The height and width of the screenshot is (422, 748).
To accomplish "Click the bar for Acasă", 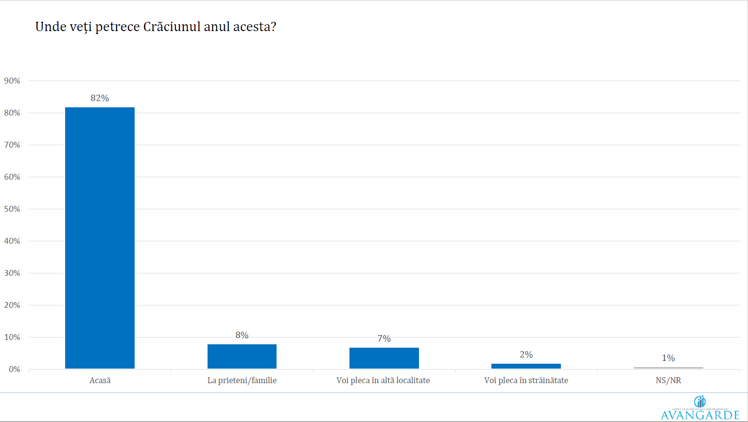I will [100, 238].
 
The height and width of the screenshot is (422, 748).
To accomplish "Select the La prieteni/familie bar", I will [242, 356].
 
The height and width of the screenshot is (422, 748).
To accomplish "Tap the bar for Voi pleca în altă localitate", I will [384, 358].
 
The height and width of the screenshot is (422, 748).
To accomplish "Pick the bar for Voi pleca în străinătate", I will [526, 366].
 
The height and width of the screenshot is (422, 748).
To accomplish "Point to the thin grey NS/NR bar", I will [668, 368].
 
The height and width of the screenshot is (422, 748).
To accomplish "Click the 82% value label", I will [100, 98].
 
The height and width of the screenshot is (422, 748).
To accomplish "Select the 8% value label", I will [242, 335].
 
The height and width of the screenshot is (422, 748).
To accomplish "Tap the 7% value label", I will [384, 338].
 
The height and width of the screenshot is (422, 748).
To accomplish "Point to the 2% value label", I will [526, 354].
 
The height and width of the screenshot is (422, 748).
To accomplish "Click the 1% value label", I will [668, 358].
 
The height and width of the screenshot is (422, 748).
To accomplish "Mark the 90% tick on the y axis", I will [12, 81].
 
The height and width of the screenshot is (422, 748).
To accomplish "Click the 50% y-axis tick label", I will [12, 209].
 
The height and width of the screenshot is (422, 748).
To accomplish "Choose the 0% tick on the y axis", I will [14, 369].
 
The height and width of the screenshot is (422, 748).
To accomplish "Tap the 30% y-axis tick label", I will [12, 273].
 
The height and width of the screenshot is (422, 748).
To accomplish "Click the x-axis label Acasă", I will [100, 380].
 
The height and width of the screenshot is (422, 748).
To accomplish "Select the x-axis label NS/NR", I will [668, 380].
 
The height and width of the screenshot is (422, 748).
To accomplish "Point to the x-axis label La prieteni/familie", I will [242, 380].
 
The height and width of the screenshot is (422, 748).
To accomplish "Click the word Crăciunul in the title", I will [172, 27].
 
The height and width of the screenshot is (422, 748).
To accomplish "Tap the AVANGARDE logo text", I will [700, 415].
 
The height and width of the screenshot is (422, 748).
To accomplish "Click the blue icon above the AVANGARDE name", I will [700, 401].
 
